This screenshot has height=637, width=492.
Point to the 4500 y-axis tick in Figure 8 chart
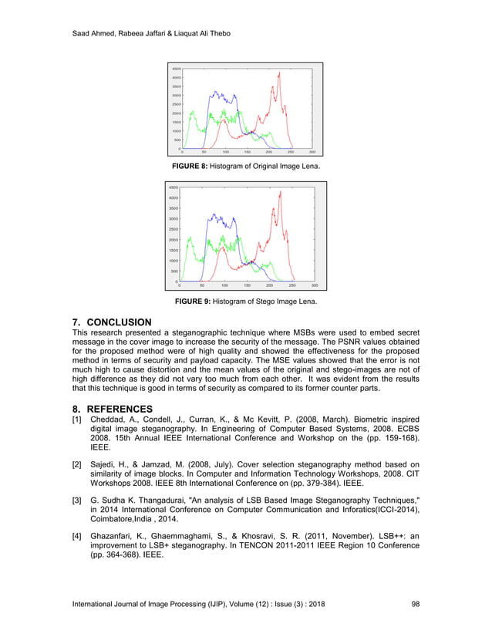[176, 69]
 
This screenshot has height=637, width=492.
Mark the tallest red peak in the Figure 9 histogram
[280, 192]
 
